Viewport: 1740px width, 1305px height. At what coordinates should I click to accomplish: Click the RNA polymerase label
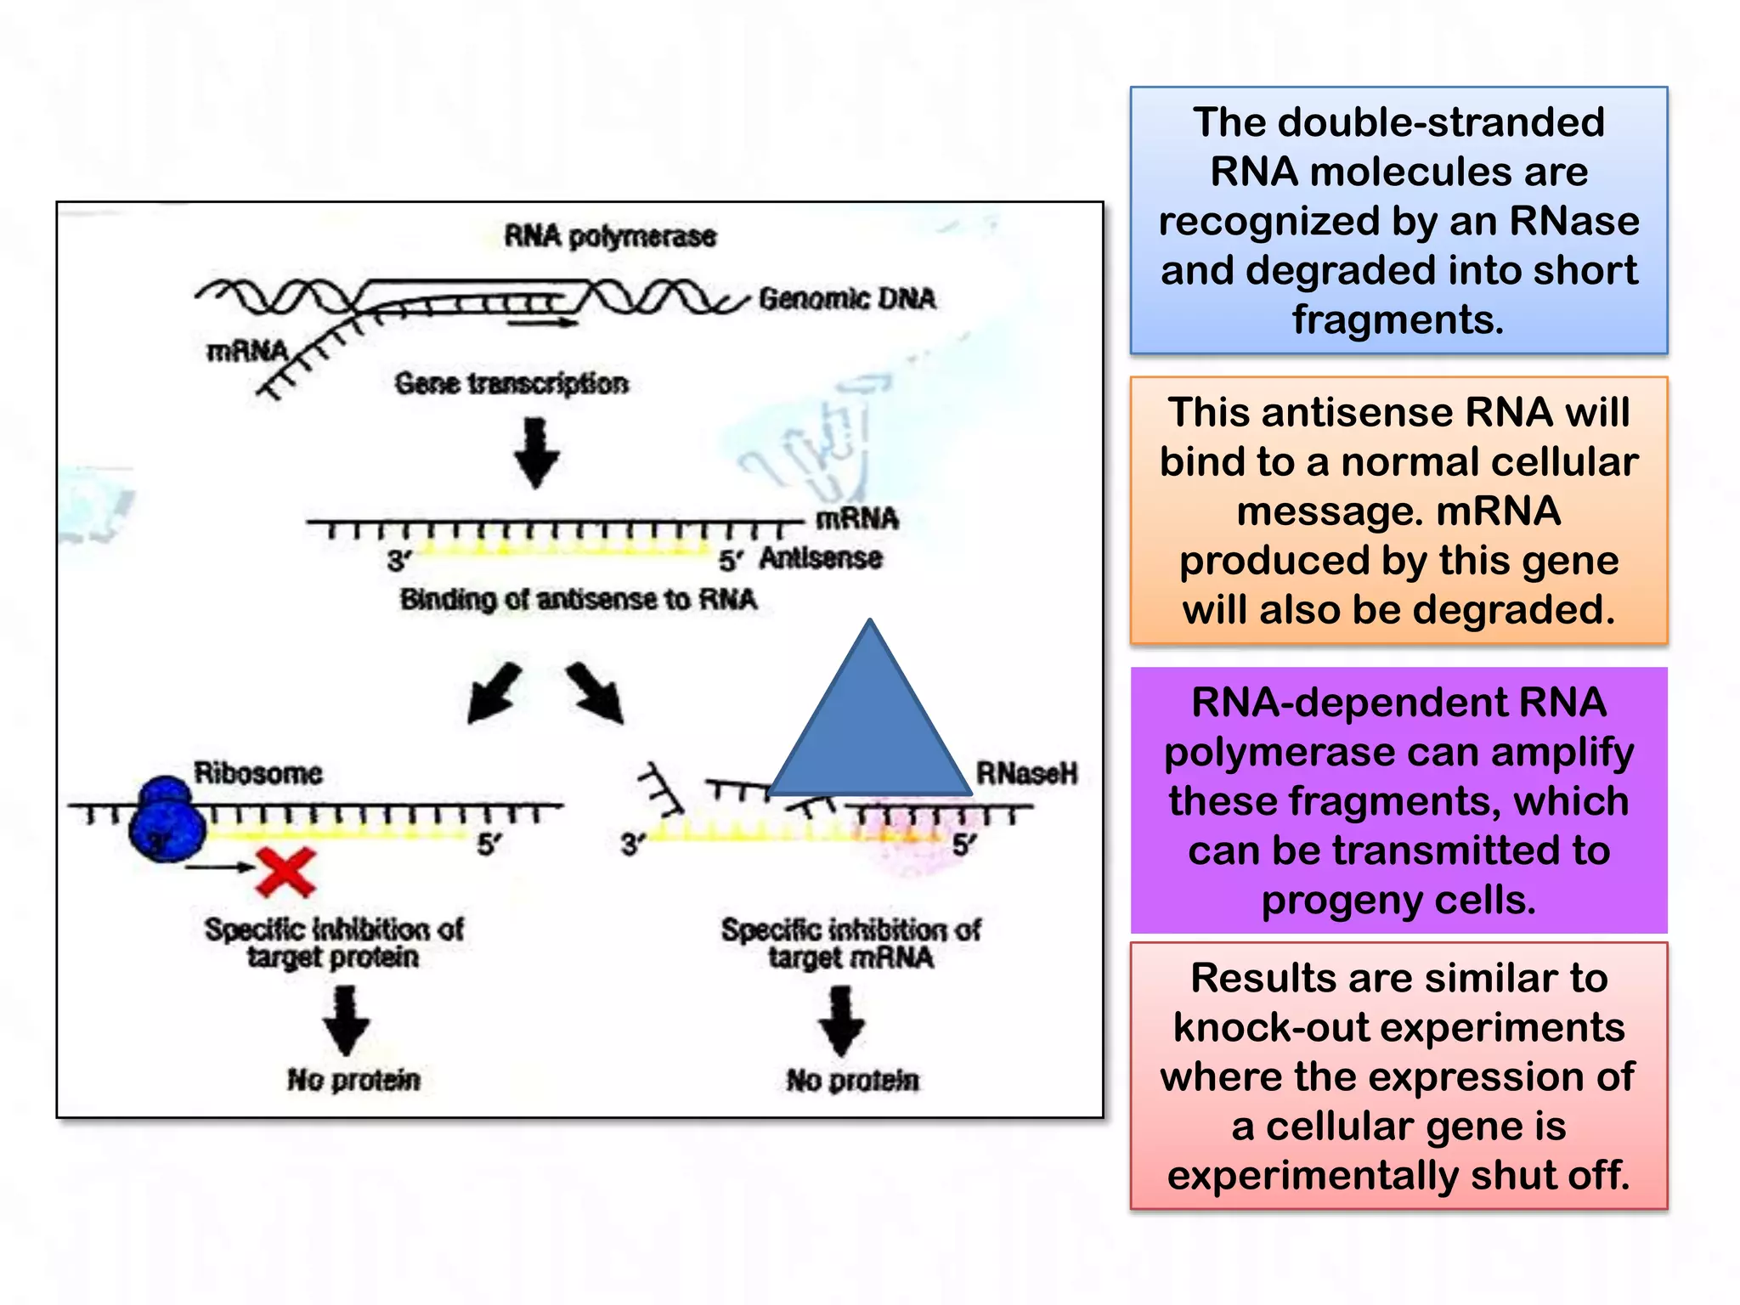point(610,236)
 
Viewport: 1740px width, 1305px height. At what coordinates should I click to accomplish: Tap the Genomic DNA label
point(846,299)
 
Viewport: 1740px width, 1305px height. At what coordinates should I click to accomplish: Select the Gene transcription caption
point(511,384)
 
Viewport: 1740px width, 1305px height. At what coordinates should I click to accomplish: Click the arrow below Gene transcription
point(536,453)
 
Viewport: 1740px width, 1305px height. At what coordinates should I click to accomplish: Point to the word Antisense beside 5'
point(821,559)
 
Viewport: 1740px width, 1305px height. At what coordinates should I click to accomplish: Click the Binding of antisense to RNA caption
point(579,600)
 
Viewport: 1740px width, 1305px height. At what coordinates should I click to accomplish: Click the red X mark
point(286,873)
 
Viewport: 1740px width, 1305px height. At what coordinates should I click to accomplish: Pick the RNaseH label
point(1026,773)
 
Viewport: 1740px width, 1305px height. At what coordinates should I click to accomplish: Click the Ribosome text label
point(258,773)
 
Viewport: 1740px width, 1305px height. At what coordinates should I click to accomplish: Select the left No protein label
point(353,1080)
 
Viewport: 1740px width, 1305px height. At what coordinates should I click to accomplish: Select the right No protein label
point(852,1081)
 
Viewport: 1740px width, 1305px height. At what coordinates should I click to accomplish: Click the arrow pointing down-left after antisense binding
point(494,692)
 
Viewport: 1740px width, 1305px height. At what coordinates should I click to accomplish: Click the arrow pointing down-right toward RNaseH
point(596,693)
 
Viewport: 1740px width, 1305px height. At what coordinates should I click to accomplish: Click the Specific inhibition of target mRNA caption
point(851,943)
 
